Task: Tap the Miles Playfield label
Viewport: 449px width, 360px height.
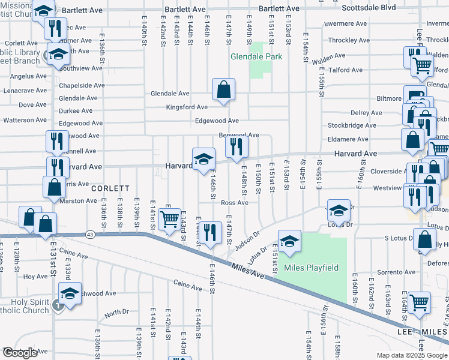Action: (311, 268)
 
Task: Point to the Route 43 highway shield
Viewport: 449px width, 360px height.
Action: (90, 233)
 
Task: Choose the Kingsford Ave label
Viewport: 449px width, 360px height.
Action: (187, 107)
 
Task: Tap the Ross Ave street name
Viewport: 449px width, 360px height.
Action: (234, 203)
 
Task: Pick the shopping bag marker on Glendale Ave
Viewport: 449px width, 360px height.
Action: (223, 91)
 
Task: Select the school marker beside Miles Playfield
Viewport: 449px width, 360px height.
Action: (289, 241)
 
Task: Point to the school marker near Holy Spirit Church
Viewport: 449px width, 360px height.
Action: (70, 294)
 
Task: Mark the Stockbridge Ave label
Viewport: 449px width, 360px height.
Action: (355, 126)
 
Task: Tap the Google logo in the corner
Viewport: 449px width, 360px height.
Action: (20, 353)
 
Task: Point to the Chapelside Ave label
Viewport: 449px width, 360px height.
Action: (82, 85)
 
